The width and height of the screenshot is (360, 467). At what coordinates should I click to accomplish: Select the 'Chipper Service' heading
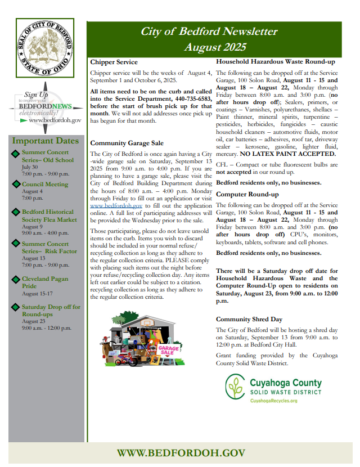click(x=114, y=62)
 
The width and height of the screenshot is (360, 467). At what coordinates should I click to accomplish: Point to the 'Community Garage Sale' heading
click(x=127, y=143)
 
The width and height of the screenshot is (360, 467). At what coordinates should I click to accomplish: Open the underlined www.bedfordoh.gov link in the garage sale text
click(x=112, y=206)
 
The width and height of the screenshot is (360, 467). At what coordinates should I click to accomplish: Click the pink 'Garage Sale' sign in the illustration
click(x=169, y=352)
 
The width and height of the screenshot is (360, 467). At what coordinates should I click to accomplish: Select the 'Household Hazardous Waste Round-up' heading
click(x=276, y=61)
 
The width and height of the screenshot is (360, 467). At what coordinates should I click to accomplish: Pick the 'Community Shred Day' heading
click(x=249, y=319)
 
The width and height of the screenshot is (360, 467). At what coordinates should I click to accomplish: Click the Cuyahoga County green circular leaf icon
click(x=235, y=388)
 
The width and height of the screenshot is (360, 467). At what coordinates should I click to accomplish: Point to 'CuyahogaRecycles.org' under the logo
click(x=274, y=400)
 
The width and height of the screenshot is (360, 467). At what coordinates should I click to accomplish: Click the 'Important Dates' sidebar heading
click(x=46, y=141)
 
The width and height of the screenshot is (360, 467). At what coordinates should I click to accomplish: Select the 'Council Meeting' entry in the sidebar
click(x=44, y=184)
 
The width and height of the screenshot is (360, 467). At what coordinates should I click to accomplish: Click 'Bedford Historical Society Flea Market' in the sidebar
click(x=49, y=215)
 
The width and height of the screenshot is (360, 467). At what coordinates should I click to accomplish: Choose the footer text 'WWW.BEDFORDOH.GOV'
click(x=181, y=453)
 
